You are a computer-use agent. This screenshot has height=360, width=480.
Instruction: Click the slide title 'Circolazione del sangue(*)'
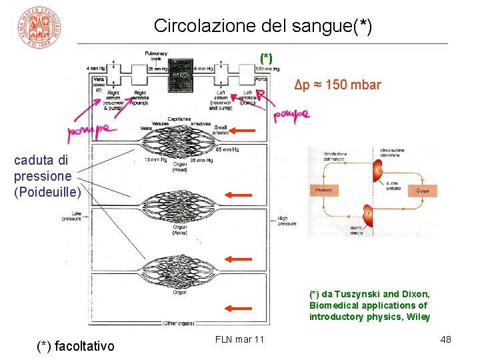(x=263, y=26)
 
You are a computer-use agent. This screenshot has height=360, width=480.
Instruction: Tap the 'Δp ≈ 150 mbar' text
(x=338, y=85)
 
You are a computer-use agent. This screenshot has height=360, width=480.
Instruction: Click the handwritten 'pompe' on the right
(x=291, y=116)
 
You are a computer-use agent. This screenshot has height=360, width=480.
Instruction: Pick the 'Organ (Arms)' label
(x=180, y=230)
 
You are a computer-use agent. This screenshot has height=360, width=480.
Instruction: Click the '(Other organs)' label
(x=178, y=323)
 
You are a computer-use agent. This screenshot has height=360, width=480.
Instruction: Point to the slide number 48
(x=445, y=340)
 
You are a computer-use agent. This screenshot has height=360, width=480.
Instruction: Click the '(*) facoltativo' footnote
(x=75, y=345)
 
